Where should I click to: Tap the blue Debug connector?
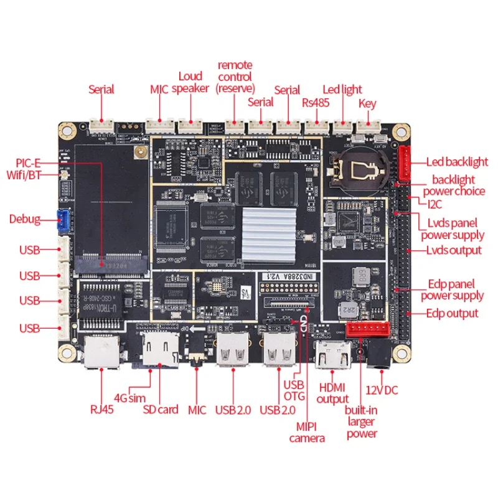tap(63, 219)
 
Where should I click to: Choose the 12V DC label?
tap(381, 390)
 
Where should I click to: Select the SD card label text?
tap(160, 409)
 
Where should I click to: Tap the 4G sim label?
tap(129, 397)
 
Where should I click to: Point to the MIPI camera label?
tap(307, 432)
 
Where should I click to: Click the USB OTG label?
tap(294, 390)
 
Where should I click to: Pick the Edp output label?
tap(453, 313)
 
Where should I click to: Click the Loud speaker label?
tap(190, 82)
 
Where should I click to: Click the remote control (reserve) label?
tap(234, 77)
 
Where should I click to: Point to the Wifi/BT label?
tap(30, 174)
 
